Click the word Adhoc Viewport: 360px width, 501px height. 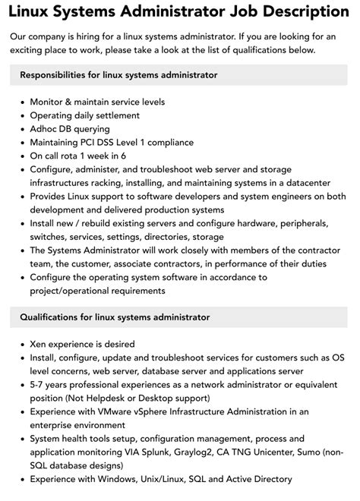tap(46, 129)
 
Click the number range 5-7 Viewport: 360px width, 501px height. tap(39, 385)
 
